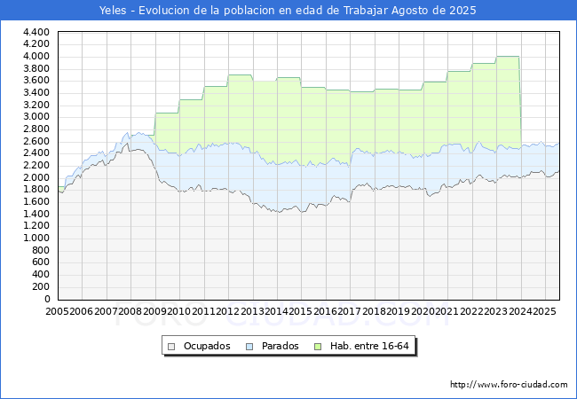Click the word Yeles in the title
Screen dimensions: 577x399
(x=113, y=11)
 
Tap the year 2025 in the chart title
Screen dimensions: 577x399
(x=462, y=11)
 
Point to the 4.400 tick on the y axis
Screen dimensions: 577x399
(x=36, y=32)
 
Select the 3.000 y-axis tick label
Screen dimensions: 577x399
(x=36, y=117)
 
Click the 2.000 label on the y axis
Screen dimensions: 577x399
(x=36, y=177)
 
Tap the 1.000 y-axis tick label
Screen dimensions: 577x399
(x=36, y=239)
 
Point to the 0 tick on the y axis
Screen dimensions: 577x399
(x=47, y=299)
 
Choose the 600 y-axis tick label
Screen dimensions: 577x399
(x=41, y=262)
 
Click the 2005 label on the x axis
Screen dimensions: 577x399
(x=57, y=311)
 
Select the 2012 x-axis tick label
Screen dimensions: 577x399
(x=228, y=311)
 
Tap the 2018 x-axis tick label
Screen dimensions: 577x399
(x=374, y=311)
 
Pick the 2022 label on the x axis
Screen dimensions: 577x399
(x=471, y=311)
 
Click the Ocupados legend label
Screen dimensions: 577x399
(x=207, y=346)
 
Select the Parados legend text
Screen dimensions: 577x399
(x=280, y=346)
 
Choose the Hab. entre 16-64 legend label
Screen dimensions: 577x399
(x=369, y=346)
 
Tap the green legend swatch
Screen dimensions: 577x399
(x=318, y=347)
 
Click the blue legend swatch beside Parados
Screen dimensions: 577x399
(x=249, y=347)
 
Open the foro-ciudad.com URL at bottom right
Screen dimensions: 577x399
(x=509, y=384)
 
